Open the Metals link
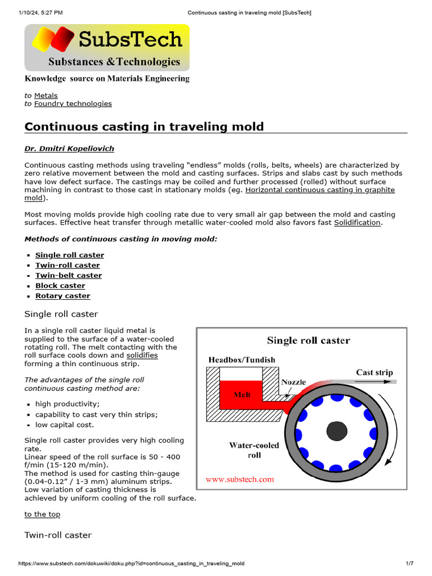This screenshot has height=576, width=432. [x=46, y=96]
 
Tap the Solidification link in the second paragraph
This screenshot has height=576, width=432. [x=357, y=223]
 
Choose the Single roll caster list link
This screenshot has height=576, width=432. [x=70, y=255]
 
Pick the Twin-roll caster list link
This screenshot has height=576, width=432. [x=67, y=265]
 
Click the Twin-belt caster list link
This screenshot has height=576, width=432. [x=69, y=275]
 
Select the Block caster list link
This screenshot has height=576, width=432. [x=60, y=285]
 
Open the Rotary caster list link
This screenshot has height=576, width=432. [x=62, y=295]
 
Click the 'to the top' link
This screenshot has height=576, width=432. [x=42, y=514]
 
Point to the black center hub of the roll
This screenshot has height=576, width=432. [x=336, y=431]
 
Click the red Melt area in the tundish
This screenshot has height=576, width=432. [x=242, y=394]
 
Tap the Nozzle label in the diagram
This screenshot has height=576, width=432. [x=294, y=382]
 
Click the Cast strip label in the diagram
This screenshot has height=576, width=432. [x=374, y=372]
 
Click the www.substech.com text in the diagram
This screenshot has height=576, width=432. [x=240, y=479]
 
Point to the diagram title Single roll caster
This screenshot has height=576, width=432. [x=308, y=340]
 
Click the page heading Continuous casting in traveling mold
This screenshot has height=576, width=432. [x=144, y=126]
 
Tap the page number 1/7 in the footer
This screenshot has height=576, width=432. [x=409, y=563]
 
